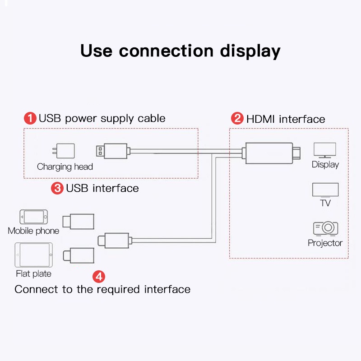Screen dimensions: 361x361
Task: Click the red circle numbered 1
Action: pyautogui.click(x=30, y=119)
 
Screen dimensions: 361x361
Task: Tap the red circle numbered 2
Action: pyautogui.click(x=237, y=119)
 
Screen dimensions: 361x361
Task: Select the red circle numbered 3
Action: pyautogui.click(x=57, y=188)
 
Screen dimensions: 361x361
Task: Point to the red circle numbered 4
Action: pyautogui.click(x=99, y=276)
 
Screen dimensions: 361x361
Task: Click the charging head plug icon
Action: pyautogui.click(x=64, y=151)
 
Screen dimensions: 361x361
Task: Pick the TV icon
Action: pyautogui.click(x=325, y=190)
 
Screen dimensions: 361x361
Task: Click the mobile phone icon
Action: pyautogui.click(x=33, y=217)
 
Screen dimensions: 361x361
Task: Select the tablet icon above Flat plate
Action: pyautogui.click(x=33, y=255)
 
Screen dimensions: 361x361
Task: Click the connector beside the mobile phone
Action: pyautogui.click(x=78, y=222)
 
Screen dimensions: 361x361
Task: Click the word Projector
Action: pyautogui.click(x=325, y=243)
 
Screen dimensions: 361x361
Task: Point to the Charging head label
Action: pyautogui.click(x=65, y=167)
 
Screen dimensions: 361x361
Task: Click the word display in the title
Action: pyautogui.click(x=250, y=51)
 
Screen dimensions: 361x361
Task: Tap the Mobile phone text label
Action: pyautogui.click(x=33, y=231)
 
